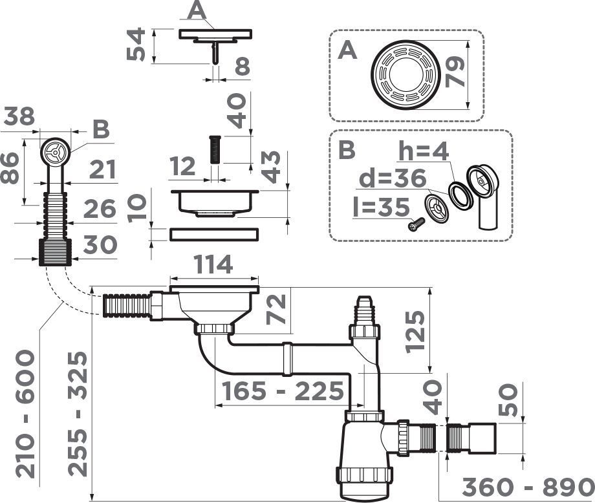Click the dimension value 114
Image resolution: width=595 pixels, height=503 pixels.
[x=213, y=264]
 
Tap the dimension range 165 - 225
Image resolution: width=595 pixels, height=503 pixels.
[x=283, y=391]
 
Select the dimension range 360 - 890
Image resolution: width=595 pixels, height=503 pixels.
[x=528, y=487]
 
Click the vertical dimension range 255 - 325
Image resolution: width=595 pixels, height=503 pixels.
[x=78, y=414]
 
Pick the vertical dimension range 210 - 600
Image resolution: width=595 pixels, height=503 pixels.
[x=25, y=414]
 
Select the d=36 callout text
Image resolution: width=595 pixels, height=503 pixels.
[x=392, y=178]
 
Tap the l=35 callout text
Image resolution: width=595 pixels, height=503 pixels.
[x=382, y=207]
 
